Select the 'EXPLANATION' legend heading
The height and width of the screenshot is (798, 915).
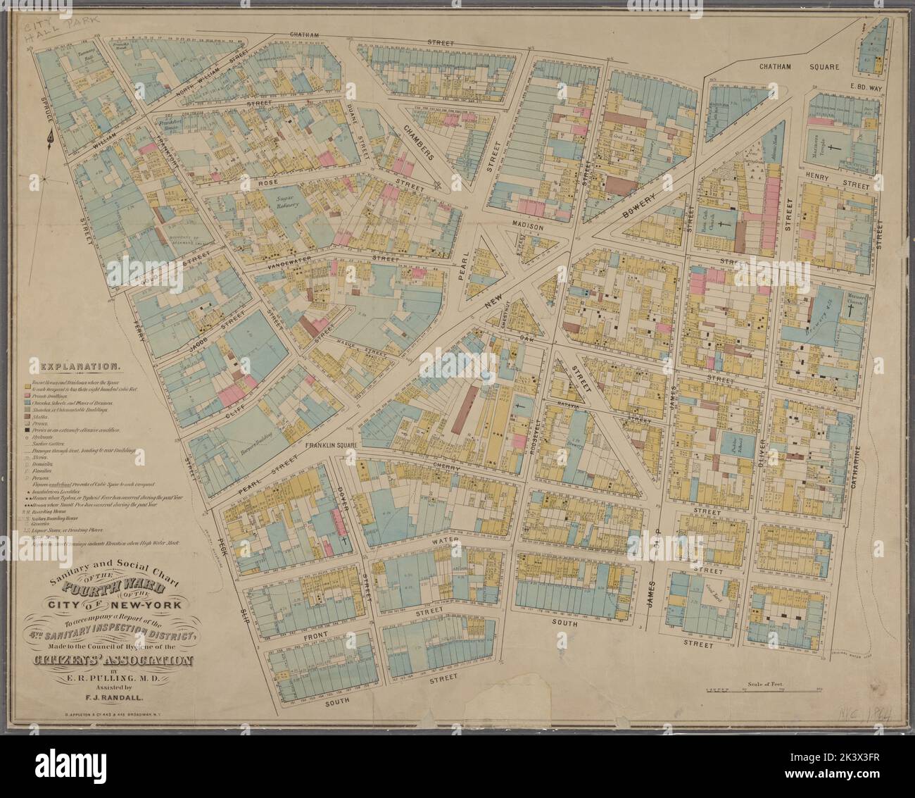[x=81, y=367]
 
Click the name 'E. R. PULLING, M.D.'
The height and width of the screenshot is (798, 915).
[x=113, y=678]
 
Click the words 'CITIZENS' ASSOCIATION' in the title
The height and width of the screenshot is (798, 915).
[x=113, y=661]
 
